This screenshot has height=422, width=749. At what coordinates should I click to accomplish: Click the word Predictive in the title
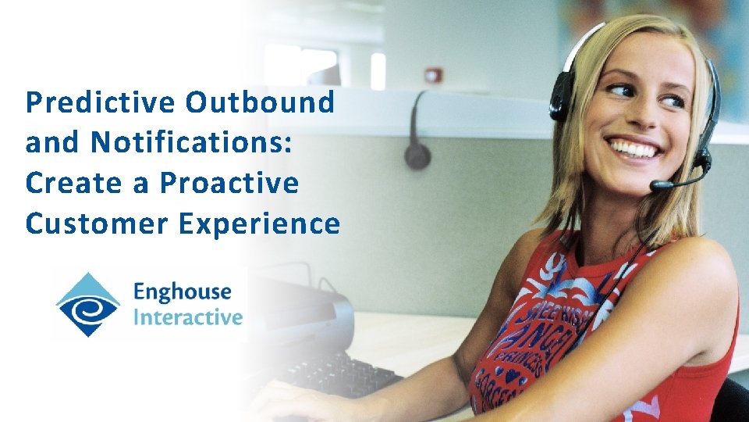[x=101, y=102]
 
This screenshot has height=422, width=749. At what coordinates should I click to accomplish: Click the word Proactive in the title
[x=229, y=184]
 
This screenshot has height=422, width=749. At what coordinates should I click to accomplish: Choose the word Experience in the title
[x=260, y=224]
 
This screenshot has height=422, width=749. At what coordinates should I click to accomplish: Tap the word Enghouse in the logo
[x=183, y=292]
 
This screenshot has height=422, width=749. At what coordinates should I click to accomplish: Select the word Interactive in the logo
[x=188, y=317]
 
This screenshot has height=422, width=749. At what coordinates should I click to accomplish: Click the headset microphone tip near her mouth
[x=658, y=185]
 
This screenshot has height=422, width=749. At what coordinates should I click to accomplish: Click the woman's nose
[x=646, y=117]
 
